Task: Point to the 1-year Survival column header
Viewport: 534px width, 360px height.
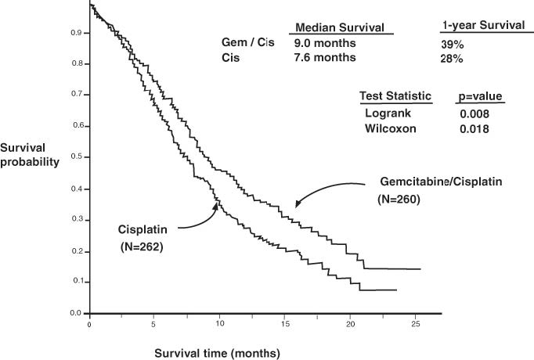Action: tap(482, 26)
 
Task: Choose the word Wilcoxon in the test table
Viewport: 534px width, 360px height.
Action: tap(390, 128)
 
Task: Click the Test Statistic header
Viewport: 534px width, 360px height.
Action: tap(395, 96)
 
